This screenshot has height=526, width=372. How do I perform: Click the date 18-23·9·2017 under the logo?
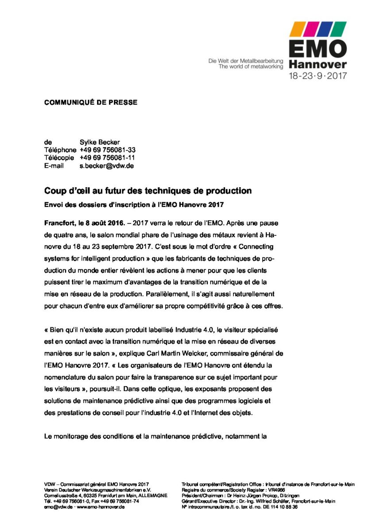pyautogui.click(x=318, y=76)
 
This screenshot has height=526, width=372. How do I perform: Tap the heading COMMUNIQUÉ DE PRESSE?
pyautogui.click(x=91, y=102)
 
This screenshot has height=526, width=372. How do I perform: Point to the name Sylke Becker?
pyautogui.click(x=100, y=142)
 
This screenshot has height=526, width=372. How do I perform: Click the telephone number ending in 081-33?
pyautogui.click(x=108, y=150)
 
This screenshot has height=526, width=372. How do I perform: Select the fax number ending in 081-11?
pyautogui.click(x=108, y=158)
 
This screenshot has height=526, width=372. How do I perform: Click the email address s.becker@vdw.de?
pyautogui.click(x=107, y=166)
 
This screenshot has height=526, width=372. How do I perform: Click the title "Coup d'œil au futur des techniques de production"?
pyautogui.click(x=148, y=191)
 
